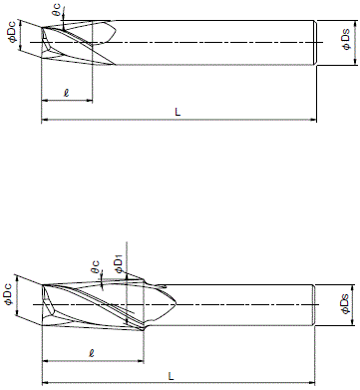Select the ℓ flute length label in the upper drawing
pyautogui.click(x=66, y=93)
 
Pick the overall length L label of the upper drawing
pyautogui.click(x=177, y=112)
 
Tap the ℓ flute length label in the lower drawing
pyautogui.click(x=92, y=352)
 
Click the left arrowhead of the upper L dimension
pyautogui.click(x=45, y=120)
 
